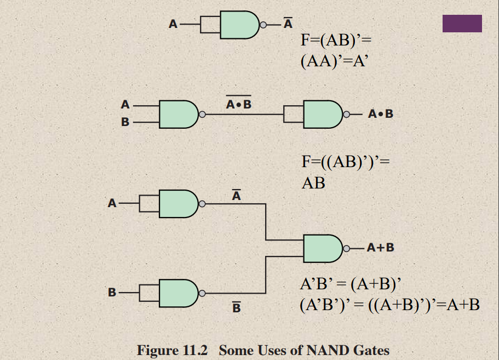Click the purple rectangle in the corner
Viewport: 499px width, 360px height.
(462, 24)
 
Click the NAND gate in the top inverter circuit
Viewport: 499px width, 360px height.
(238, 25)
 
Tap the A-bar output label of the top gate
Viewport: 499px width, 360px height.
(288, 24)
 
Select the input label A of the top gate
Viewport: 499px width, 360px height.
(173, 24)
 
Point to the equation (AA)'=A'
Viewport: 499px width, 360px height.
(332, 60)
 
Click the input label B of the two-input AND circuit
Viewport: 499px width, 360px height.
(125, 122)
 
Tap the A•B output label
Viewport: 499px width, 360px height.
(381, 115)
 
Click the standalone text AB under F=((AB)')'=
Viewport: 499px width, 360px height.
(313, 182)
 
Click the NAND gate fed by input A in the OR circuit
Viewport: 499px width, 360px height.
(177, 204)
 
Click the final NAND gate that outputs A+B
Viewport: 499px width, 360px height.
(322, 248)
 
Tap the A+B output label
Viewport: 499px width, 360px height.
(381, 248)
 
